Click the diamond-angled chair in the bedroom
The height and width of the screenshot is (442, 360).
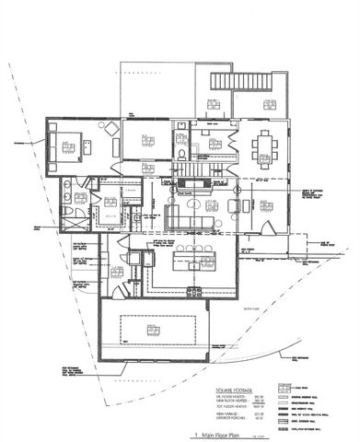[x=109, y=129]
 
